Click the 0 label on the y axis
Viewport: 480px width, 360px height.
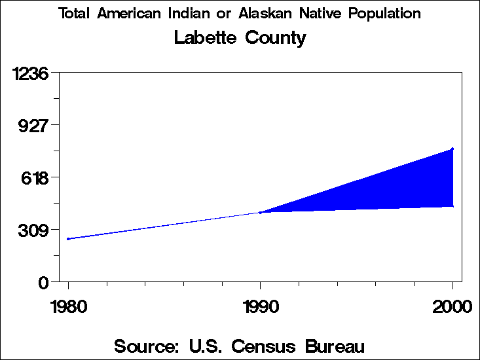pyautogui.click(x=44, y=282)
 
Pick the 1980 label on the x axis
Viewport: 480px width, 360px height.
pyautogui.click(x=68, y=306)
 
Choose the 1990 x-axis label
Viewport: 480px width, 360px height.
pyautogui.click(x=261, y=306)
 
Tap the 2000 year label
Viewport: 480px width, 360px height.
pyautogui.click(x=452, y=306)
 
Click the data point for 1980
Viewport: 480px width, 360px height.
pyautogui.click(x=68, y=239)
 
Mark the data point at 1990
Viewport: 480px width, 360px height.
pyautogui.click(x=261, y=212)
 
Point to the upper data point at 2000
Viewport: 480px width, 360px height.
pyautogui.click(x=452, y=149)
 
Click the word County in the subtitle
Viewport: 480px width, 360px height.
pyautogui.click(x=276, y=39)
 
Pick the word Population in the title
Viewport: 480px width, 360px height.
pyautogui.click(x=386, y=14)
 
